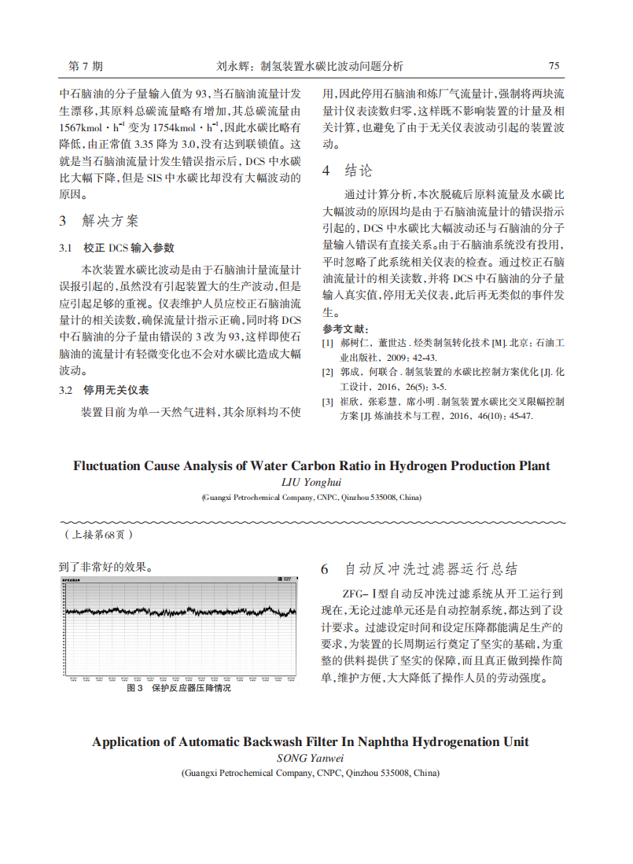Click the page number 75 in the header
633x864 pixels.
(554, 66)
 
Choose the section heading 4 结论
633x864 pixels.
(347, 171)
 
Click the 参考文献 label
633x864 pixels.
(346, 329)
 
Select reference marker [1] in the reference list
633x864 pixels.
(328, 344)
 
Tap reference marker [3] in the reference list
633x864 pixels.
(328, 401)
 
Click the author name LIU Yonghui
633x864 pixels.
(312, 482)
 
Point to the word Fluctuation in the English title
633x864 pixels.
(106, 465)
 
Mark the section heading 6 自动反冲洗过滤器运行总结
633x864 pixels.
(418, 569)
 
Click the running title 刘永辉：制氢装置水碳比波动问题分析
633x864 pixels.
(309, 66)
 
